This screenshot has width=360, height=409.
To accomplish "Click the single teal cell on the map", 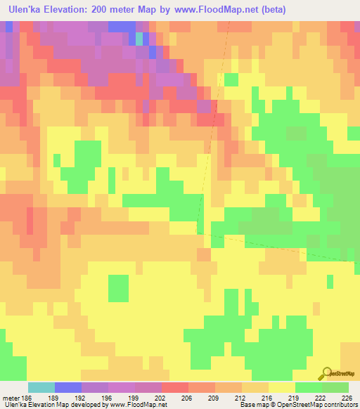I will (139, 38).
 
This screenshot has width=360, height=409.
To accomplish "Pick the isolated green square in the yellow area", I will (119, 287).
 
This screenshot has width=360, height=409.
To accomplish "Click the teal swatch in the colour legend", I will (41, 387).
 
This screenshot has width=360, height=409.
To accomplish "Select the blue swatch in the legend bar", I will (67, 387).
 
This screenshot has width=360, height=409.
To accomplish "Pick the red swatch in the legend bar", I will (174, 387).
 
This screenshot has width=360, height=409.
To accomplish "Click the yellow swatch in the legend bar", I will (281, 387).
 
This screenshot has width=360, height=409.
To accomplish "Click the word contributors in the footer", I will (337, 405).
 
